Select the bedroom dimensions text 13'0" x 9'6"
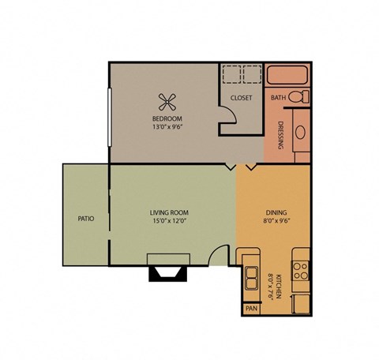(167, 126)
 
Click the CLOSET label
(241, 98)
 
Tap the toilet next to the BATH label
(298, 97)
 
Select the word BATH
(278, 98)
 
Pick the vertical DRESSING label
(280, 134)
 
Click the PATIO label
(86, 219)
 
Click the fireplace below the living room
(168, 268)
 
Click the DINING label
(276, 212)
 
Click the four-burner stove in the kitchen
(301, 272)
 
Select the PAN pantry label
(251, 309)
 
